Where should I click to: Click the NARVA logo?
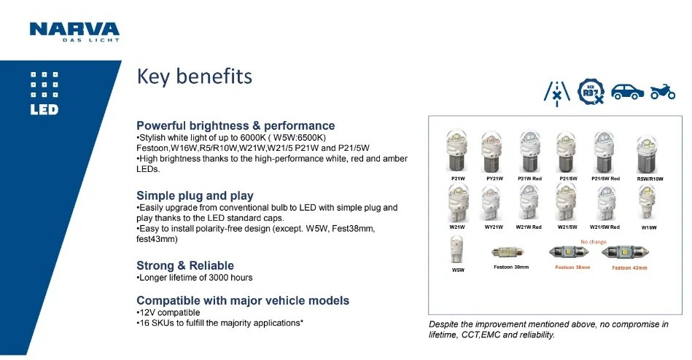tap(74, 32)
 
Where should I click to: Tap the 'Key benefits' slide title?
tap(194, 77)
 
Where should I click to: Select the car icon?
tap(627, 92)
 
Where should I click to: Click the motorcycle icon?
tap(662, 92)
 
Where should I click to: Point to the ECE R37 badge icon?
tap(591, 92)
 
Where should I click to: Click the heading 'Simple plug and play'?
tap(195, 195)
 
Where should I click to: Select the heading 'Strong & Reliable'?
tap(185, 265)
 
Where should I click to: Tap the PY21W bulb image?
tap(492, 152)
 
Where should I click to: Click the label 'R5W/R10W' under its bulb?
tap(650, 179)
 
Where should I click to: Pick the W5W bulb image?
tap(457, 249)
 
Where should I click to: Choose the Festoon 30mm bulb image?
tap(508, 252)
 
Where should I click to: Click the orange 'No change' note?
tap(593, 242)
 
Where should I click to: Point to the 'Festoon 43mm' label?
tap(629, 267)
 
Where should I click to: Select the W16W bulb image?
tap(647, 203)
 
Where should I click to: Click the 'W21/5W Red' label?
tap(604, 227)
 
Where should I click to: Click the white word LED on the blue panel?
tap(44, 110)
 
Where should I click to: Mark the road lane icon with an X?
tap(557, 93)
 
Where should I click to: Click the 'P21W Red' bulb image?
tap(529, 152)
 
